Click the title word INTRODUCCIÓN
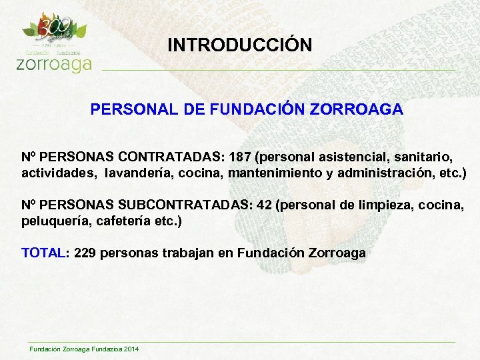pyautogui.click(x=239, y=45)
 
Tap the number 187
pyautogui.click(x=240, y=157)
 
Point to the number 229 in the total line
pyautogui.click(x=85, y=253)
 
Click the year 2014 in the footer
pyautogui.click(x=131, y=349)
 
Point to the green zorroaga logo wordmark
pyautogui.click(x=53, y=64)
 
